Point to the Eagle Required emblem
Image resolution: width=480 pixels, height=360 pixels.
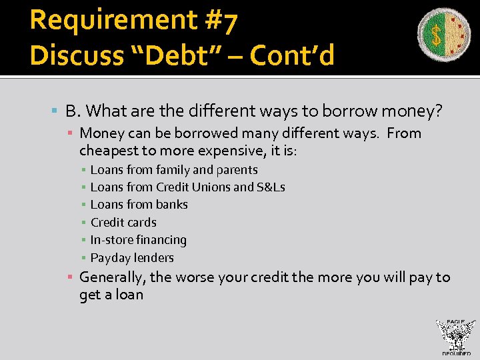point(455,337)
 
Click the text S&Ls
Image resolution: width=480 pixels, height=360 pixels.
point(271,187)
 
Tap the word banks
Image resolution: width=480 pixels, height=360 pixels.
point(172,205)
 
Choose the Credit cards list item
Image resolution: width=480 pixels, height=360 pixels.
point(123,223)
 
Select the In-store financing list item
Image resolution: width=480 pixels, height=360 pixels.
point(139,240)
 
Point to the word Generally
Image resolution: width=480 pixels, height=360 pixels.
point(112,277)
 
